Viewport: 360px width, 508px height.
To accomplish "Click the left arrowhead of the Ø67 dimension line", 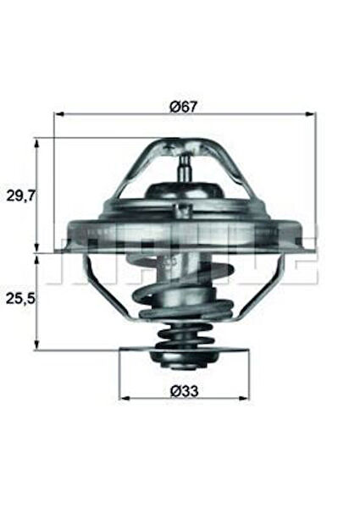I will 58,113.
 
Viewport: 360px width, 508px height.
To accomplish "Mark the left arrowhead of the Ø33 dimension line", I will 123,396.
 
